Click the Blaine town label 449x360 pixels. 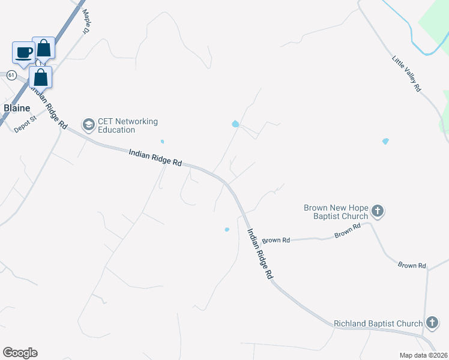coord(17,108)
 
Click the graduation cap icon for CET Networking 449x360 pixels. coord(89,125)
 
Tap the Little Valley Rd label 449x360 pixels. coord(406,74)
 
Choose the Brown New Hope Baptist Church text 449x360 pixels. coord(335,212)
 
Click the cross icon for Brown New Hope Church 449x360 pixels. coord(378,211)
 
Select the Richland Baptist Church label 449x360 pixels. coord(378,323)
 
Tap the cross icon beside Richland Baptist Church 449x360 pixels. coord(432,323)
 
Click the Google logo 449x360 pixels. coord(20,353)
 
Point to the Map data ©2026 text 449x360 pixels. coord(423,355)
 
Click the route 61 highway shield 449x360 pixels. coord(11,75)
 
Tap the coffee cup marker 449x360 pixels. coord(24,52)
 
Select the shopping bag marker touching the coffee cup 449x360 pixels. coord(44,47)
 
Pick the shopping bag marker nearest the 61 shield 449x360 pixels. coord(40,77)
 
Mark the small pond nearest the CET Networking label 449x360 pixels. coord(162,142)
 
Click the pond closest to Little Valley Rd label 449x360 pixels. coord(385,142)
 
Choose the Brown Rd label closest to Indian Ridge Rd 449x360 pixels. coord(276,240)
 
